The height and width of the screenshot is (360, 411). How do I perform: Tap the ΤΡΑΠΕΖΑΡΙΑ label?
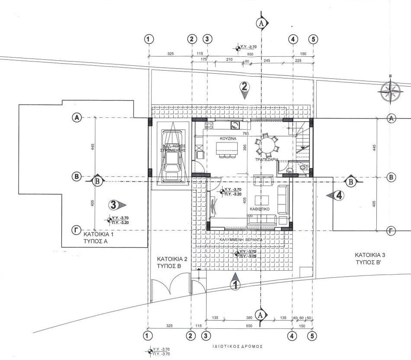[x=267, y=159]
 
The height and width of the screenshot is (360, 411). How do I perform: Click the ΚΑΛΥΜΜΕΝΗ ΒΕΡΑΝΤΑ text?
[x=241, y=239]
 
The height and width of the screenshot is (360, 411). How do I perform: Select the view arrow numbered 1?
[x=235, y=282]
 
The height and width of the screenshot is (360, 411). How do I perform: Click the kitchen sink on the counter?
[x=234, y=126]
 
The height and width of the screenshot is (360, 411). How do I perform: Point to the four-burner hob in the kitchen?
[x=209, y=125]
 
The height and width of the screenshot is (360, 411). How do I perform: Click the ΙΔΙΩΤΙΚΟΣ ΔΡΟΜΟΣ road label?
[x=238, y=347]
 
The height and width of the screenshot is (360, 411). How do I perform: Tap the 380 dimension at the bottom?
[x=249, y=318]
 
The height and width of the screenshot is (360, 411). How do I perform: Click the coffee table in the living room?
[x=262, y=200]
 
